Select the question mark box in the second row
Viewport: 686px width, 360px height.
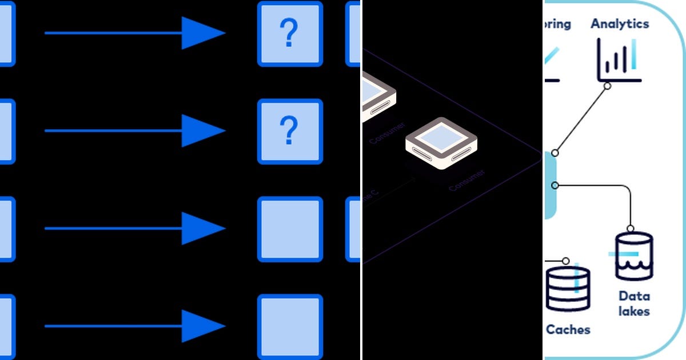290,131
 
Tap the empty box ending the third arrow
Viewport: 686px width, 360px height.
290,229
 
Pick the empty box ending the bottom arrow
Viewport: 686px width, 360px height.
290,326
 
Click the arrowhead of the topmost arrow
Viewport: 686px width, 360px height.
203,33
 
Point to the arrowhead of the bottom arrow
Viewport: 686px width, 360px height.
203,326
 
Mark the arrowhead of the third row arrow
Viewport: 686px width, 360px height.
203,229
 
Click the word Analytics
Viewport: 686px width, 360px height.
620,24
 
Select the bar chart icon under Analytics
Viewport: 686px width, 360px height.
619,60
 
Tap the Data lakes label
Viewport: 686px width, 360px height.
633,303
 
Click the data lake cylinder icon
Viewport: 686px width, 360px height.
633,256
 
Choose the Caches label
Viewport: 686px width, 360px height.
568,330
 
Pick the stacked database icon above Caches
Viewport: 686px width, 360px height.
567,289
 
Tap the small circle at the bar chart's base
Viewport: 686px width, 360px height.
607,86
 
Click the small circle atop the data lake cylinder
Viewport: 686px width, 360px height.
631,229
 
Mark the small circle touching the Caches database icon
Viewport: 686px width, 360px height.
565,261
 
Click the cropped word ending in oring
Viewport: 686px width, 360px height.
557,24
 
